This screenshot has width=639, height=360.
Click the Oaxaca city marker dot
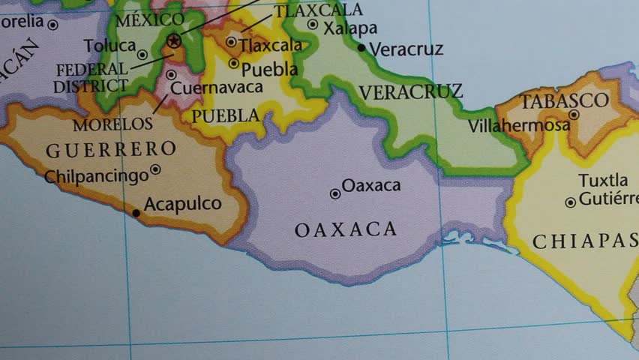(x=335, y=193)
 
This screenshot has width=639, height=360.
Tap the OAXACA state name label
(x=346, y=229)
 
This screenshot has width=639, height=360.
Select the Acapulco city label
(x=182, y=204)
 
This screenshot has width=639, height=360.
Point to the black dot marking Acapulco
(x=136, y=213)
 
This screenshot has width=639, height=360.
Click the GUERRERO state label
(x=111, y=150)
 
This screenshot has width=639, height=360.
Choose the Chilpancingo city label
(x=97, y=177)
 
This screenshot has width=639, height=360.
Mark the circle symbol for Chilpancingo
(x=156, y=169)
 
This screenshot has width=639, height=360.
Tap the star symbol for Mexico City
(x=174, y=40)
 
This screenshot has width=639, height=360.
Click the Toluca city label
(x=109, y=46)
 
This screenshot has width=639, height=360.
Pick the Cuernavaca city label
(x=217, y=88)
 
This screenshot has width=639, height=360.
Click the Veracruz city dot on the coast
(x=361, y=48)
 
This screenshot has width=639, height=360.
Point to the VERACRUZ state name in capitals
(x=410, y=92)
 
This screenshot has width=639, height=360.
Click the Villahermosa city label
(x=518, y=126)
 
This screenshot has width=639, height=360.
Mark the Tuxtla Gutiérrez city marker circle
(x=571, y=202)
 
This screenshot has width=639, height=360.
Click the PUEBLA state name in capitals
(x=226, y=116)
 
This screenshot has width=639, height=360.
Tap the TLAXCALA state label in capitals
(x=318, y=10)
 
